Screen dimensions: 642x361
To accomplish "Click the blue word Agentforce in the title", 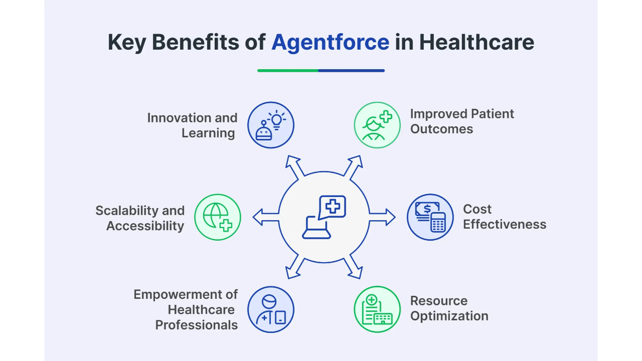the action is coord(330,43).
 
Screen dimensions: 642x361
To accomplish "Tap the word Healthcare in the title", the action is coord(476,42).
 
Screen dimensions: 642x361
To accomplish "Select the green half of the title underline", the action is coord(288,71).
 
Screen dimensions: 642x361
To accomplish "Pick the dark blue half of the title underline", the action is coord(352,71).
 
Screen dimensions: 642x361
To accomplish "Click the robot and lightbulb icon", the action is coord(271,125).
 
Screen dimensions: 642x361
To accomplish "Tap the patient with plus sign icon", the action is coord(377,125).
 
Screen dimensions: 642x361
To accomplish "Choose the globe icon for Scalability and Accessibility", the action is coord(218,217).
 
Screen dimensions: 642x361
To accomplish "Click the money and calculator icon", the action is coord(430,217).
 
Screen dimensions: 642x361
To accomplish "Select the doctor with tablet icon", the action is coord(271,309).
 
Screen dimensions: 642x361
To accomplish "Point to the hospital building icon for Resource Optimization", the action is coord(377,309).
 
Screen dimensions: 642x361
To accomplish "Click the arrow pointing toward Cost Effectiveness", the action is coord(382,217).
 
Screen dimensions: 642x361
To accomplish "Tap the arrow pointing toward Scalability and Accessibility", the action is coord(266,217).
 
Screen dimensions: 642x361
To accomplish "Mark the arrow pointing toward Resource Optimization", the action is coord(353,267).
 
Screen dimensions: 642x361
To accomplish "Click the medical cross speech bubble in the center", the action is coord(332,208).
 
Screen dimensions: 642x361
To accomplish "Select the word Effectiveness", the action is coord(505,224).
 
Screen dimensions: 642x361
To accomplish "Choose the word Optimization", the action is coord(449,316).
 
